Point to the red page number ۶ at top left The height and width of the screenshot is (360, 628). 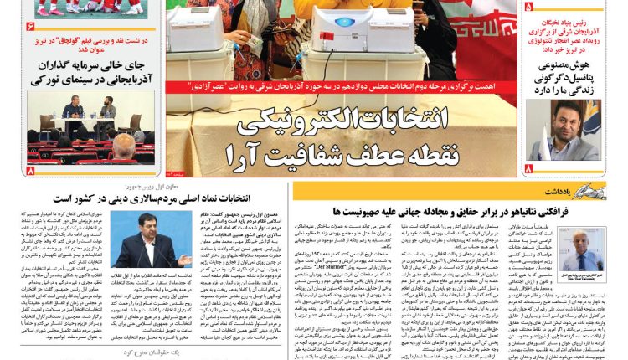coord(31,27)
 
